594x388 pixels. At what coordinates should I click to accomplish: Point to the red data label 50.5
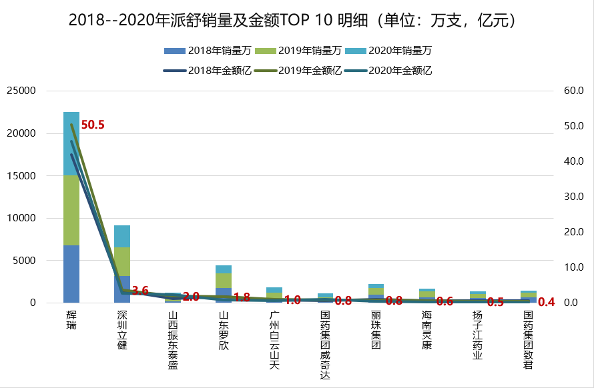(x=93, y=125)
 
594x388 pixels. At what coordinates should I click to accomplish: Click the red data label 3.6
(x=140, y=291)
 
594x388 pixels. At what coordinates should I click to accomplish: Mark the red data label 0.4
(x=546, y=302)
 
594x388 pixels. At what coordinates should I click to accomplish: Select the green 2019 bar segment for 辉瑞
(x=71, y=210)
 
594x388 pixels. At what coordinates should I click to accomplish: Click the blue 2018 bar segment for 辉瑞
(x=71, y=273)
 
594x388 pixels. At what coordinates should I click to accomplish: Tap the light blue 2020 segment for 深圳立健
(x=122, y=236)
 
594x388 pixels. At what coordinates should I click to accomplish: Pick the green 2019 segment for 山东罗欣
(x=224, y=280)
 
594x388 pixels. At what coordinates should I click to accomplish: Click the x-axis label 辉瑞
(x=71, y=319)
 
